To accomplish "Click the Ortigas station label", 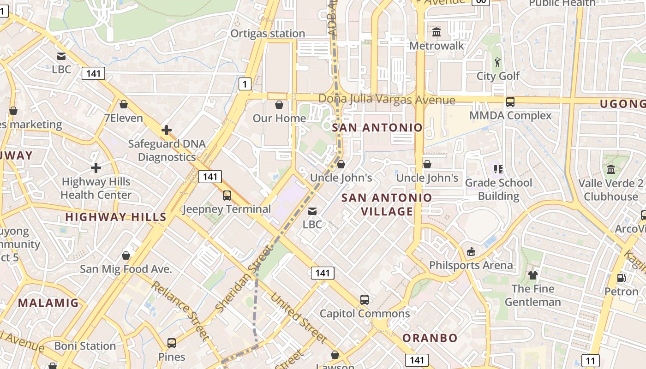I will (268, 34).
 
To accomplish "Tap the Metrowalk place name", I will (437, 46).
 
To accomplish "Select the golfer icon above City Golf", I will (497, 62).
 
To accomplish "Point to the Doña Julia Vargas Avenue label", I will (387, 99).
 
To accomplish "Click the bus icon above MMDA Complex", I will (510, 102).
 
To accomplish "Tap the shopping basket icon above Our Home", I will (279, 105).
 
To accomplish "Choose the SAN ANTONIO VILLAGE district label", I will (387, 204).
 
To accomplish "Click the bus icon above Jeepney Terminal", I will (227, 195).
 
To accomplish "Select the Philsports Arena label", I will (471, 265).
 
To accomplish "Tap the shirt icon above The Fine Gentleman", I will (533, 275).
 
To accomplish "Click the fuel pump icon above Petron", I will (622, 278).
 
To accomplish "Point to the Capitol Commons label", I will (365, 314).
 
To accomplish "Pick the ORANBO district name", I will (430, 338).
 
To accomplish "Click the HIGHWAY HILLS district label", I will (115, 217).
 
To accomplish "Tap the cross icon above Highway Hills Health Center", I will (96, 167).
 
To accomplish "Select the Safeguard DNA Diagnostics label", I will (167, 150).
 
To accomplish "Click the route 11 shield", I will (591, 360).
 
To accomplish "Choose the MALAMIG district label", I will (48, 303).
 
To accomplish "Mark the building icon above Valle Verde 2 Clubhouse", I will (611, 169).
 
